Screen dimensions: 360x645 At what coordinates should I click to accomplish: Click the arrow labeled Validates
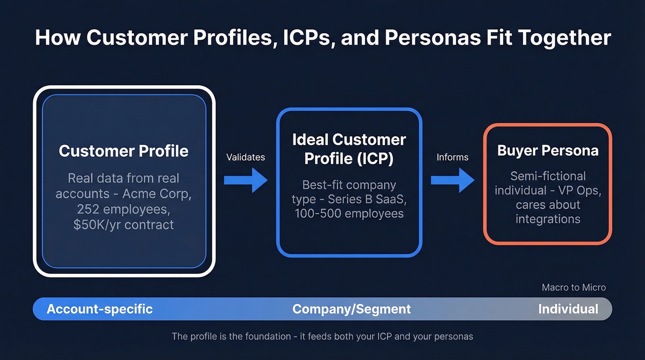point(246,180)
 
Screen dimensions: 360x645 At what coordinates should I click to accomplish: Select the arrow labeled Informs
point(452,180)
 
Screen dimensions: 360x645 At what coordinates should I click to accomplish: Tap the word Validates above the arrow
point(246,157)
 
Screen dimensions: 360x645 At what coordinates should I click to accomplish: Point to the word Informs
point(452,157)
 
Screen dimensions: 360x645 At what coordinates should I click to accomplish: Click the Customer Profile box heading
point(123,151)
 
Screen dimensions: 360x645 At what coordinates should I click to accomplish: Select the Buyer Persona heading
point(548,151)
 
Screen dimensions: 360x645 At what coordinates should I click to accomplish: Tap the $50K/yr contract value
point(123,224)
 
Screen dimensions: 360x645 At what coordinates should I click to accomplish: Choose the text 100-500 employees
point(349,213)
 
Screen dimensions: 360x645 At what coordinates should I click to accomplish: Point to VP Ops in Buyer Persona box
point(580,190)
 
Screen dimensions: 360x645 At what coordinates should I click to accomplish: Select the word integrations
point(548,218)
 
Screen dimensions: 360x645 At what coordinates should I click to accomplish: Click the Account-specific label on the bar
point(100,309)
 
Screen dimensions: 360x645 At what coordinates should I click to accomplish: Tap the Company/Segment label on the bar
point(352,309)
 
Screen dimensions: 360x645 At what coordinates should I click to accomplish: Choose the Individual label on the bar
point(568,309)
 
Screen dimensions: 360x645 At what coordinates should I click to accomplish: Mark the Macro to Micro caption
point(574,288)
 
